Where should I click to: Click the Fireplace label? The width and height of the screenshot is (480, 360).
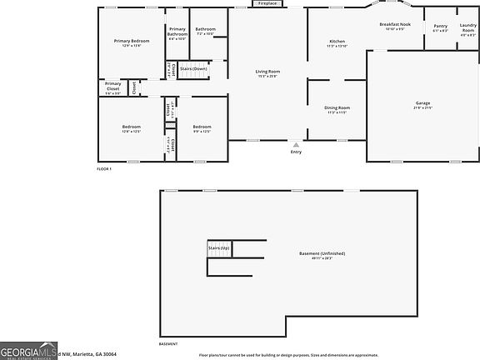[x=267, y=3]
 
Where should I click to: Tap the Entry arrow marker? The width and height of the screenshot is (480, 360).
[x=296, y=144]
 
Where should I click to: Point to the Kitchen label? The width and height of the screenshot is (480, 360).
[x=337, y=42]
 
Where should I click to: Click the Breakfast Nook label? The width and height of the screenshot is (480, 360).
[x=395, y=24]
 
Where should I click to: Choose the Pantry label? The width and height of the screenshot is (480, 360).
[x=440, y=26]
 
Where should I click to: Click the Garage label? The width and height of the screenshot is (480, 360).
[x=422, y=102]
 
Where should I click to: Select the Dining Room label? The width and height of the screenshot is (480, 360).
[x=337, y=107]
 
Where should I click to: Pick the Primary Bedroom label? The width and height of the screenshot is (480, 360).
[x=132, y=41]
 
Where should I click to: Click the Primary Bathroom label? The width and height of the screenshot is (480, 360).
[x=177, y=31]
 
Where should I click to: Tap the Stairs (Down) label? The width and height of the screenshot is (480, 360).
[x=193, y=68]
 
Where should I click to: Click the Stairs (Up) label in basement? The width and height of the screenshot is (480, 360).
[x=218, y=248]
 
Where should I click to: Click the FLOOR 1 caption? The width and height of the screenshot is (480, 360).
[x=104, y=169]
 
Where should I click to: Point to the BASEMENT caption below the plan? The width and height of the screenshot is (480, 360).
[x=167, y=343]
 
